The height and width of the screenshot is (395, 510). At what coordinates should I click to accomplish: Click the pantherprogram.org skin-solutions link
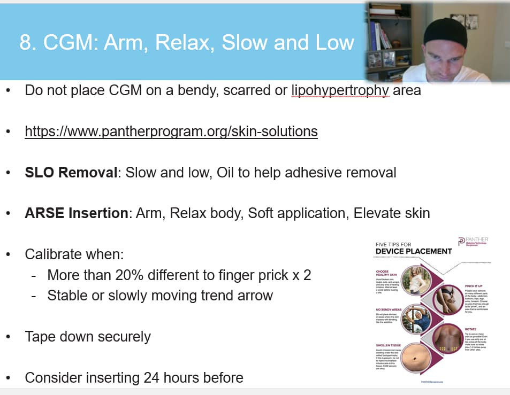(x=171, y=131)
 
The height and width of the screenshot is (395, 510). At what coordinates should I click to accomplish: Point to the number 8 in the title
(x=25, y=43)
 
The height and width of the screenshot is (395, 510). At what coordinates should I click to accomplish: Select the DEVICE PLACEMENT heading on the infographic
(x=413, y=251)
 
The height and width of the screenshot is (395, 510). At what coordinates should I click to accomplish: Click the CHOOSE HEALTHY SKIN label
(x=386, y=273)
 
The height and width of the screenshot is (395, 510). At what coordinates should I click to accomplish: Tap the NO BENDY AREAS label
(x=389, y=309)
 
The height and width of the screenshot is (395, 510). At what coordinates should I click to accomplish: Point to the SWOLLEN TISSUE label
(x=389, y=346)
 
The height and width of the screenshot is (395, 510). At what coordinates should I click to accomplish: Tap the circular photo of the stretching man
(x=414, y=319)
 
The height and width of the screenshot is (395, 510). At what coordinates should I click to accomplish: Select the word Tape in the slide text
(x=42, y=337)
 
